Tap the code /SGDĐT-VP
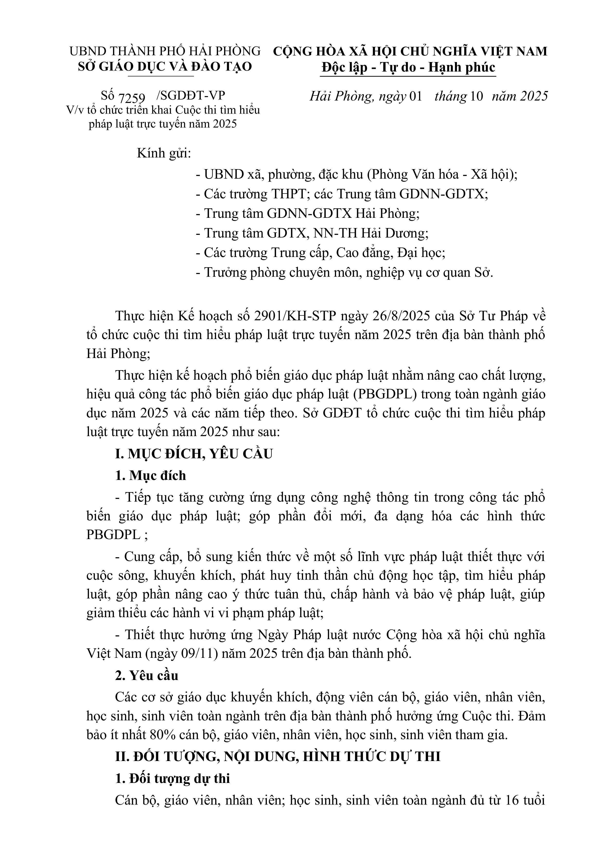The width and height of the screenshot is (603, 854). coord(191,96)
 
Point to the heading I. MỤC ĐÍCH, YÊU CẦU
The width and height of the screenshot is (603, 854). coord(194,454)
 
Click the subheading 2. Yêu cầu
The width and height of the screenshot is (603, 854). coord(147,675)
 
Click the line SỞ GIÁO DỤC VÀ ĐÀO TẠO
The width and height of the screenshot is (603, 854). coord(165,67)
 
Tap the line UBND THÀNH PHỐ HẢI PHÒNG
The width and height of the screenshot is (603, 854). coord(165,51)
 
